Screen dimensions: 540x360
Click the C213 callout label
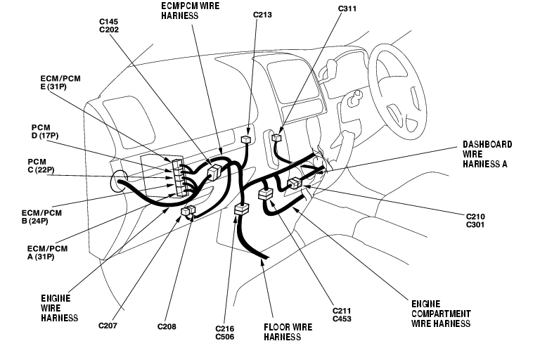click(x=262, y=15)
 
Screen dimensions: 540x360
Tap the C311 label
click(x=347, y=8)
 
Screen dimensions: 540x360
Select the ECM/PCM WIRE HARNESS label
click(x=190, y=11)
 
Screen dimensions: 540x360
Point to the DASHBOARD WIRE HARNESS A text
click(x=487, y=154)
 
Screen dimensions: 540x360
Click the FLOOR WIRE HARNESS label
click(x=288, y=332)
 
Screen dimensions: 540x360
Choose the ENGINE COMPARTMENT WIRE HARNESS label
click(x=441, y=314)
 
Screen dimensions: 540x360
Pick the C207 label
click(x=108, y=326)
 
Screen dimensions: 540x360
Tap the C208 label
click(x=167, y=326)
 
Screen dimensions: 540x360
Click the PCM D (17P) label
click(x=45, y=131)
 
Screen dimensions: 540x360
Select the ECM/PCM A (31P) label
click(x=48, y=252)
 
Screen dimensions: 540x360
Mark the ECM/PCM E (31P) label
click(x=60, y=83)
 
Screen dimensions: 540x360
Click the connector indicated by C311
click(x=276, y=138)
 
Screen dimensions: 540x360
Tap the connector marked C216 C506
click(x=241, y=209)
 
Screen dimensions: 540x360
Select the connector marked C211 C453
click(x=265, y=194)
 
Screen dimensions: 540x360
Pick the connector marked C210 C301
click(x=295, y=183)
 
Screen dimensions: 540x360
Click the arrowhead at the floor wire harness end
click(x=262, y=262)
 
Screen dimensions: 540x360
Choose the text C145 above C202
click(x=109, y=22)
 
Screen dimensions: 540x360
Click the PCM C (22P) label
click(x=41, y=166)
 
